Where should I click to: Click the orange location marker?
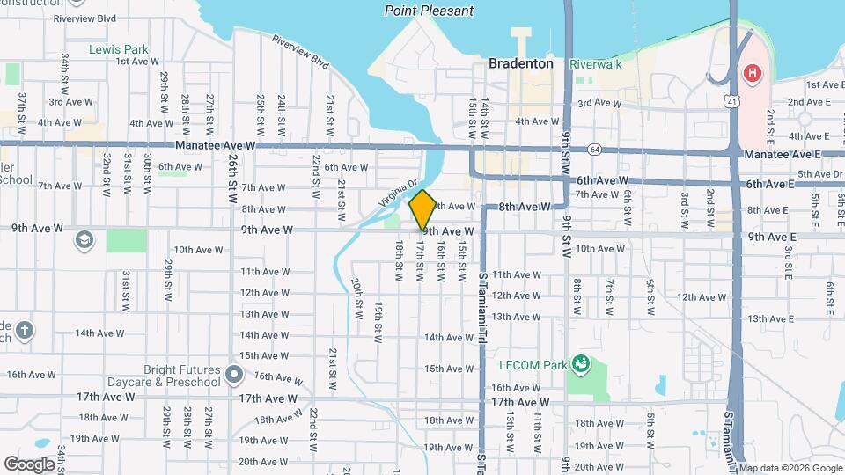(x=422, y=209)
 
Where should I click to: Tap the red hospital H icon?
(x=752, y=73)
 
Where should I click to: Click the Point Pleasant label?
(x=429, y=11)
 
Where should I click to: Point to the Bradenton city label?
(x=522, y=63)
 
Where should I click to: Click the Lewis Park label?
(x=119, y=49)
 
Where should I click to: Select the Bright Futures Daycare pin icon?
(x=233, y=376)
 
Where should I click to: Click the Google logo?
(x=29, y=464)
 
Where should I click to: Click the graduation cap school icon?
(x=84, y=240)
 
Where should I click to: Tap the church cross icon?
(x=25, y=332)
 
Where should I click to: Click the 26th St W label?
(x=232, y=179)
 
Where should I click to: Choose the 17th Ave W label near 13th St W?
(x=519, y=402)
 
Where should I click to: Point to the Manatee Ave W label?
(x=215, y=145)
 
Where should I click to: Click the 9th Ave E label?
(x=772, y=237)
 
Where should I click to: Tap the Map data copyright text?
(x=790, y=467)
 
